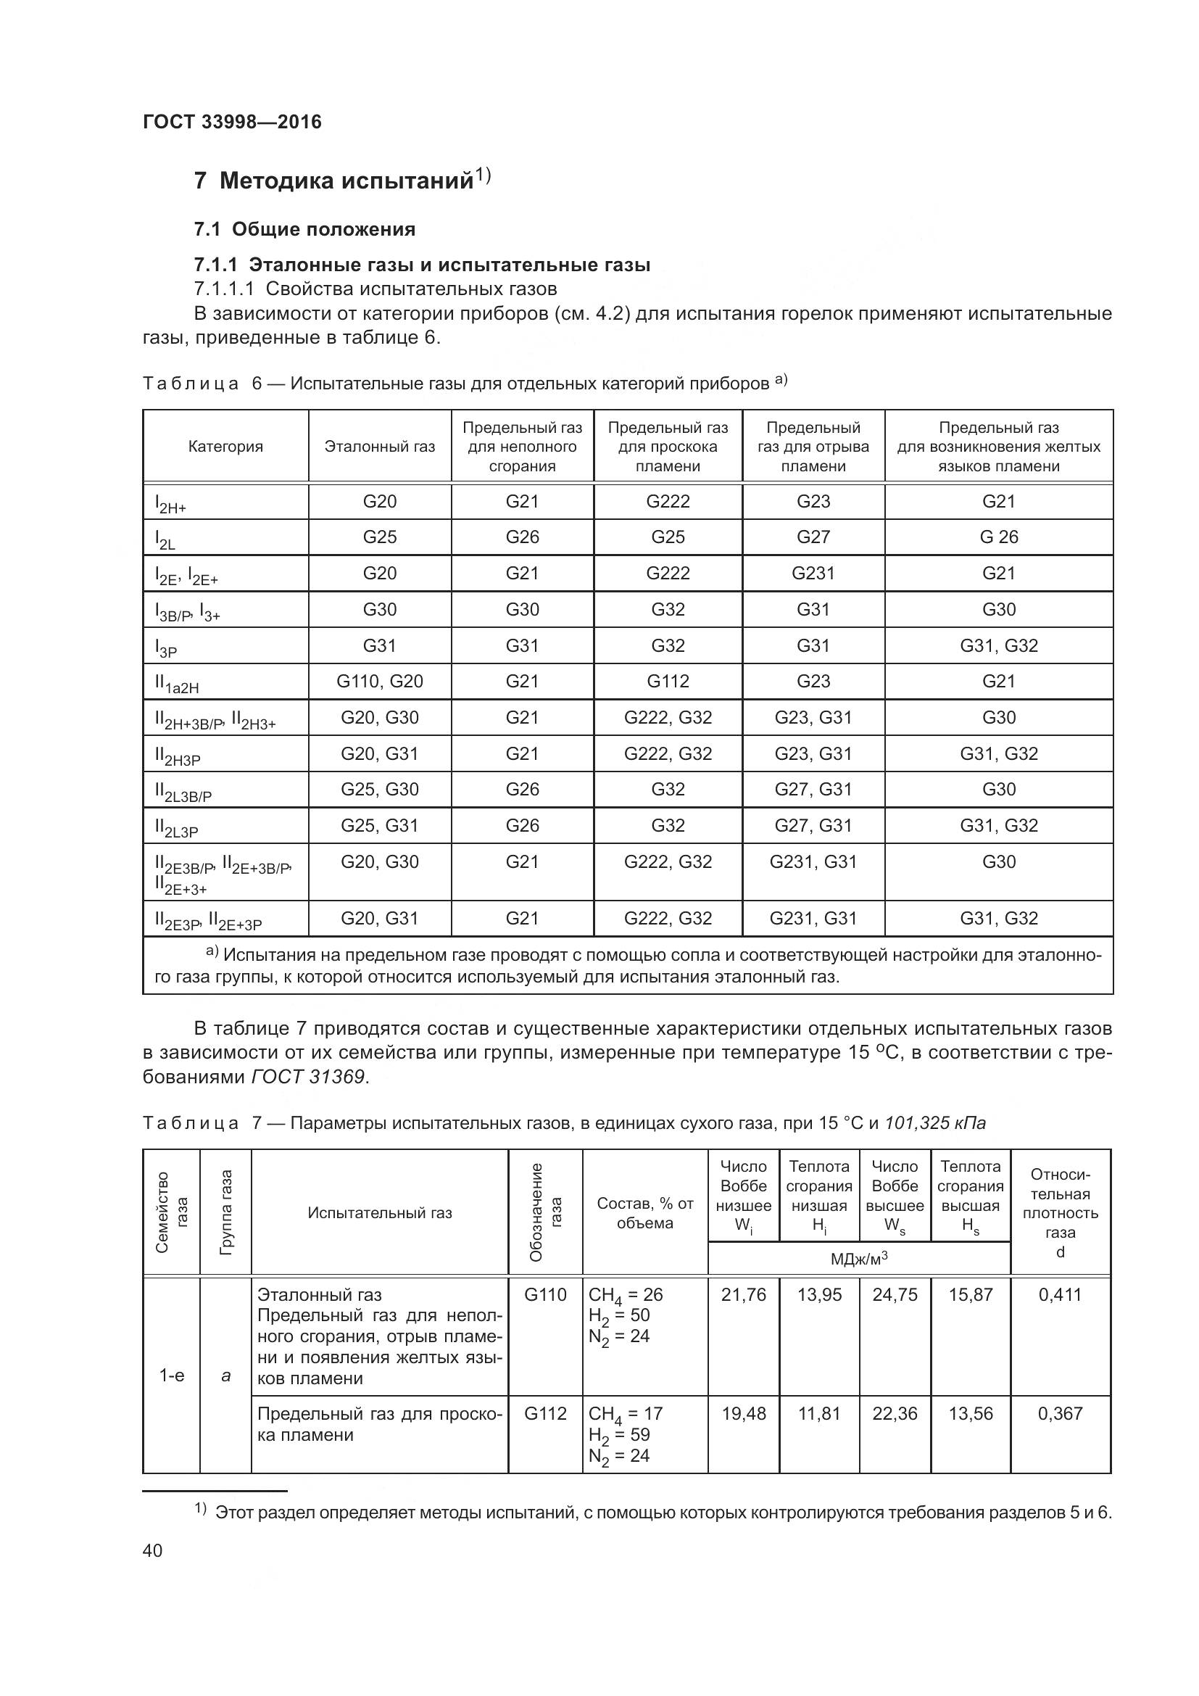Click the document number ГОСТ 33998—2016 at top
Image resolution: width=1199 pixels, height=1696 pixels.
(232, 122)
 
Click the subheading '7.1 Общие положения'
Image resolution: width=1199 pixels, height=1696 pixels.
(304, 229)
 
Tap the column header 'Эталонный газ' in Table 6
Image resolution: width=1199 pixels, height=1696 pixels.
(379, 447)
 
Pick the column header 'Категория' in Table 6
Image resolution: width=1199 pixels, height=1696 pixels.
(225, 447)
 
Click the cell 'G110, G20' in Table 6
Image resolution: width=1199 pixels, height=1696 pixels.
(379, 681)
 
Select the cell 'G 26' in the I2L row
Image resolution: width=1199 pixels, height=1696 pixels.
(998, 537)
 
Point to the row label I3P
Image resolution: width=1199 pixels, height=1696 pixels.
(166, 648)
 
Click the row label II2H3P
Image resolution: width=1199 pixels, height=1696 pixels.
(178, 756)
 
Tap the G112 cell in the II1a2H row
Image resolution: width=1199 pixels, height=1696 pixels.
(668, 681)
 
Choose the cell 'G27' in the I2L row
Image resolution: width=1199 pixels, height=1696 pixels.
(813, 537)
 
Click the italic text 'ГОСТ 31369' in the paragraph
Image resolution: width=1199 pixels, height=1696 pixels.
(308, 1077)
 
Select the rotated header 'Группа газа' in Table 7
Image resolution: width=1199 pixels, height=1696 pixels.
(226, 1212)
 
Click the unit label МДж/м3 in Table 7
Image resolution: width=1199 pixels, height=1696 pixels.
(858, 1259)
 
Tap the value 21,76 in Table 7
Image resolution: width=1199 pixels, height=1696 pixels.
(744, 1295)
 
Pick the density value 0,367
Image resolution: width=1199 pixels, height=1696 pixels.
(1060, 1414)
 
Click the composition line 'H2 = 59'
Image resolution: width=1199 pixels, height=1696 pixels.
(618, 1434)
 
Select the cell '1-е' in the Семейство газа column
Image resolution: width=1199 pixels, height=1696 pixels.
(172, 1376)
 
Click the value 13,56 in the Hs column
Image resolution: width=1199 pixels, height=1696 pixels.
(970, 1414)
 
